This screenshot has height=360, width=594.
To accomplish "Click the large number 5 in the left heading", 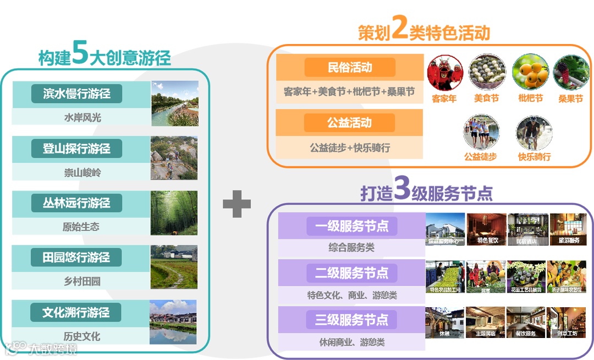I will pyautogui.click(x=80, y=53).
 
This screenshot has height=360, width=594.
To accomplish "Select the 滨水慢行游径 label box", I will pyautogui.click(x=76, y=94).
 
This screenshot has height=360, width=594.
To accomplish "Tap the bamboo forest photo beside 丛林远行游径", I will pyautogui.click(x=174, y=213).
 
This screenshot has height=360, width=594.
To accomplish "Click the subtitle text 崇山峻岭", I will pyautogui.click(x=82, y=172).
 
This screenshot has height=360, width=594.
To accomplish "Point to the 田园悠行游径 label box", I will pyautogui.click(x=76, y=258).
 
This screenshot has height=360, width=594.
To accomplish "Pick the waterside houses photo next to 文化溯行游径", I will pyautogui.click(x=174, y=322).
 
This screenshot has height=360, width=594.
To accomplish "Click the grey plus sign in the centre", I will pyautogui.click(x=237, y=204).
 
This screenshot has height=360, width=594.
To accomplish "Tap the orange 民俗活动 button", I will pyautogui.click(x=350, y=68).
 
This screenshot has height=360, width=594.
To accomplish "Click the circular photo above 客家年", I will pyautogui.click(x=445, y=72).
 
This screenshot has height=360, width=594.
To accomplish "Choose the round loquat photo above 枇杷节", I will pyautogui.click(x=530, y=72).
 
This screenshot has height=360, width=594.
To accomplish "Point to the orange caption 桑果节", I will pyautogui.click(x=570, y=99).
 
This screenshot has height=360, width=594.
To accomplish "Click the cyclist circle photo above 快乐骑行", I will pyautogui.click(x=533, y=133).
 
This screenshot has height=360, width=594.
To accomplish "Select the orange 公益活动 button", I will pyautogui.click(x=350, y=123).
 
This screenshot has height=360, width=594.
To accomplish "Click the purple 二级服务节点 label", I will pyautogui.click(x=351, y=273).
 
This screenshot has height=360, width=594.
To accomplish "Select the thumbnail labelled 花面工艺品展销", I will pyautogui.click(x=526, y=276).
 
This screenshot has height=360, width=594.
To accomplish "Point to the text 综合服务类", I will pyautogui.click(x=351, y=248).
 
